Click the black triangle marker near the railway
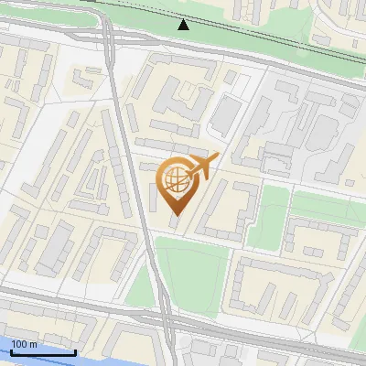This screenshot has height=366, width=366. tap(184, 25)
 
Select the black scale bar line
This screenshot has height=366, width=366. tap(41, 351)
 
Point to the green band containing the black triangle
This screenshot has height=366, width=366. tap(137, 18)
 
